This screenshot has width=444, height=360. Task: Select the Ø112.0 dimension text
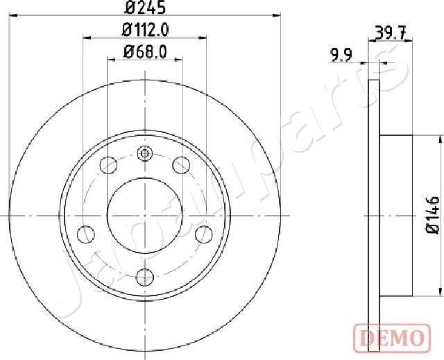click(x=145, y=31)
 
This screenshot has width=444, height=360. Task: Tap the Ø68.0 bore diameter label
click(x=145, y=52)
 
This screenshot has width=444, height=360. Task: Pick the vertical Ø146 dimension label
click(x=433, y=216)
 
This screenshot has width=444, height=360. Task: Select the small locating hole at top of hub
click(x=145, y=154)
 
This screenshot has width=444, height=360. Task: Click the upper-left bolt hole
click(x=109, y=165)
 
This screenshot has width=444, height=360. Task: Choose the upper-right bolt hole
click(x=181, y=165)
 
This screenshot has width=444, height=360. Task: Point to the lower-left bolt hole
click(x=87, y=233)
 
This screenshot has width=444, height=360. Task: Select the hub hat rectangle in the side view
click(x=397, y=215)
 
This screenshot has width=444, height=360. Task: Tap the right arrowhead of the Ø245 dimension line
click(x=279, y=16)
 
